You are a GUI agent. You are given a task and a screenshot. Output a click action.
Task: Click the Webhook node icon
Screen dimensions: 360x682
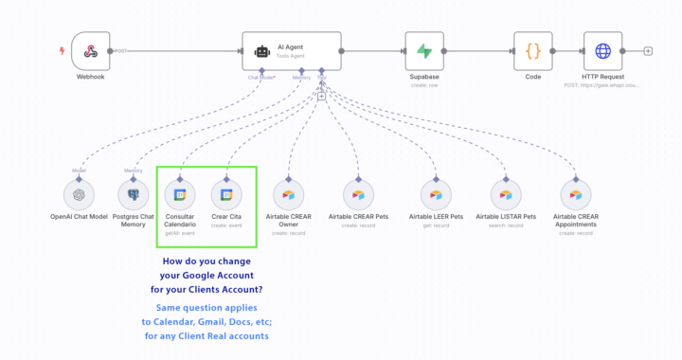pyautogui.click(x=91, y=50)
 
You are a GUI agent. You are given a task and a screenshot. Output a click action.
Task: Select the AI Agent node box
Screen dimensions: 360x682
pyautogui.click(x=291, y=50)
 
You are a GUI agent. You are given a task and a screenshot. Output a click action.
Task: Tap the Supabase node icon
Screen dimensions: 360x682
pyautogui.click(x=423, y=50)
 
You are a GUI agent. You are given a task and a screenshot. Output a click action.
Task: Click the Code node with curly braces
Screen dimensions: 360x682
pyautogui.click(x=532, y=50)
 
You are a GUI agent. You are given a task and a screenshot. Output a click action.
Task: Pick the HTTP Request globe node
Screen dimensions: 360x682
pyautogui.click(x=602, y=50)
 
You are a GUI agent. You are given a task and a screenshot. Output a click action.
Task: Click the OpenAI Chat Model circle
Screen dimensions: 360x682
pyautogui.click(x=80, y=195)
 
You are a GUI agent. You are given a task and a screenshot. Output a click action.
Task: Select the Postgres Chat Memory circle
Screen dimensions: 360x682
pyautogui.click(x=134, y=195)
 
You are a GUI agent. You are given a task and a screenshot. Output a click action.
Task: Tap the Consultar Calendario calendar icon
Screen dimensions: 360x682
pyautogui.click(x=180, y=195)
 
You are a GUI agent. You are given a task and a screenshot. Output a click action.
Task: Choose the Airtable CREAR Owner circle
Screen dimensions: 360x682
pyautogui.click(x=289, y=195)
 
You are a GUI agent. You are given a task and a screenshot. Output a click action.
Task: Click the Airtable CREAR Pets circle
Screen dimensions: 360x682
pyautogui.click(x=358, y=195)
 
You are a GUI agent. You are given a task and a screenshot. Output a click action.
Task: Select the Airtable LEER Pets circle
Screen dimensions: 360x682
pyautogui.click(x=436, y=195)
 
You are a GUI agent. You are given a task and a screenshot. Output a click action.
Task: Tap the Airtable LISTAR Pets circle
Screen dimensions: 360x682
pyautogui.click(x=506, y=195)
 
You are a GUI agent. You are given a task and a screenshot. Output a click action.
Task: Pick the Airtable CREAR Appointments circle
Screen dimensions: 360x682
pyautogui.click(x=573, y=195)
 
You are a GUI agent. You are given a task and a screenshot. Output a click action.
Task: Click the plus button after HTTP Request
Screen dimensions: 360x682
pyautogui.click(x=648, y=50)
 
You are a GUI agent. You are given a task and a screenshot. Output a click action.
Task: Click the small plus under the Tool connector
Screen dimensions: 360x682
pyautogui.click(x=321, y=96)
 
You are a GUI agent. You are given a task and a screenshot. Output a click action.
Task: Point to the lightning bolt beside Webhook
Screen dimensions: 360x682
pyautogui.click(x=63, y=50)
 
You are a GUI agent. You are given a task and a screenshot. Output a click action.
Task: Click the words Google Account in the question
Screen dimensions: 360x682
pyautogui.click(x=224, y=275)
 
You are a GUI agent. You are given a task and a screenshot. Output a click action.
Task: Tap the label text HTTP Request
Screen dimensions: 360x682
pyautogui.click(x=602, y=77)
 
